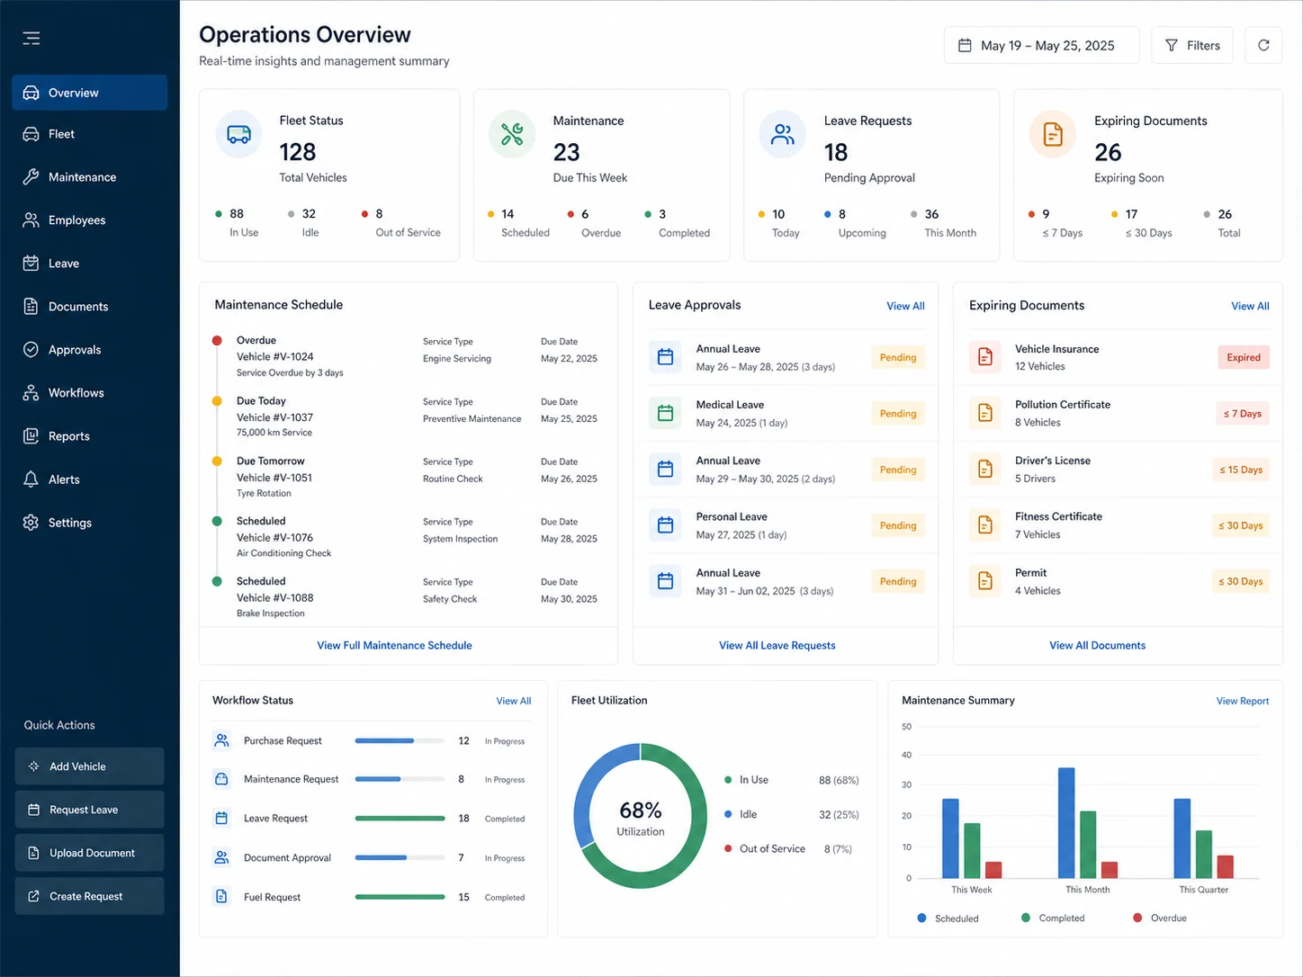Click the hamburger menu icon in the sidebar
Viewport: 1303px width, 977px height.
tap(31, 39)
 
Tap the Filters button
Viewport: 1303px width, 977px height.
tap(1192, 46)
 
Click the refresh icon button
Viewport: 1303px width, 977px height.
tap(1263, 46)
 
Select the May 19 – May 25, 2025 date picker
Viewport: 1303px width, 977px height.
tap(1042, 46)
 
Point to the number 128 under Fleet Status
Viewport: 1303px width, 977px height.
tap(298, 152)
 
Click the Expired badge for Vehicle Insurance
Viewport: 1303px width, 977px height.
tap(1243, 357)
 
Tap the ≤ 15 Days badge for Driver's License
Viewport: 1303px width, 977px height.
tap(1241, 470)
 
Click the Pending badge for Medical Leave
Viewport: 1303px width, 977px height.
tap(897, 414)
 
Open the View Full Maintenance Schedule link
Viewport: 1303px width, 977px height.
tap(394, 645)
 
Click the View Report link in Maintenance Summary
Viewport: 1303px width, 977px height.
tap(1243, 701)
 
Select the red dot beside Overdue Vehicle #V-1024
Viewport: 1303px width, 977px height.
tap(217, 340)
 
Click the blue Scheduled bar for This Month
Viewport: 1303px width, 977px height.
tap(1066, 823)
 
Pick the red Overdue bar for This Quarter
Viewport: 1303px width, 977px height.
tap(1225, 866)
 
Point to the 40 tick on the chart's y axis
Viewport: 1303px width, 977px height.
tap(906, 755)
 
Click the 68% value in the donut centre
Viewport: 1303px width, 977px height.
tap(640, 811)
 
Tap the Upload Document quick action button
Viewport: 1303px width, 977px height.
tap(90, 853)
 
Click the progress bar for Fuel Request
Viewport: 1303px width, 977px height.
tap(400, 897)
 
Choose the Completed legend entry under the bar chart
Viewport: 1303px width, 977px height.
tap(1053, 918)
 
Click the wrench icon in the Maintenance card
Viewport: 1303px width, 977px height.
tap(512, 134)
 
